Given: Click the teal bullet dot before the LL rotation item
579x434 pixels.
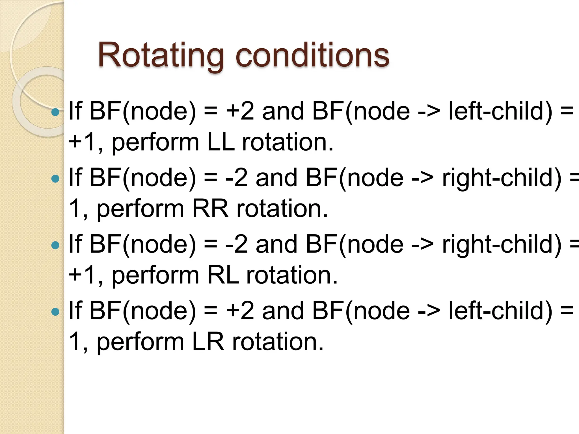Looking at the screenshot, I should pos(55,112).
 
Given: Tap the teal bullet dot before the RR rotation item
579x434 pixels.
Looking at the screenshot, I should pos(55,179).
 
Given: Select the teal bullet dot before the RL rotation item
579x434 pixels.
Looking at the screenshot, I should pos(55,245).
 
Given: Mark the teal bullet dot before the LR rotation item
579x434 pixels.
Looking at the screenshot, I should pos(55,312).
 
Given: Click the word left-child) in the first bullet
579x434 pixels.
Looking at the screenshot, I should pos(500,111).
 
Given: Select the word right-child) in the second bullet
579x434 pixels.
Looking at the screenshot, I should pos(502,178).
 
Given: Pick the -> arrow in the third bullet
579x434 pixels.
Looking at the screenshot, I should pos(422,245).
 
